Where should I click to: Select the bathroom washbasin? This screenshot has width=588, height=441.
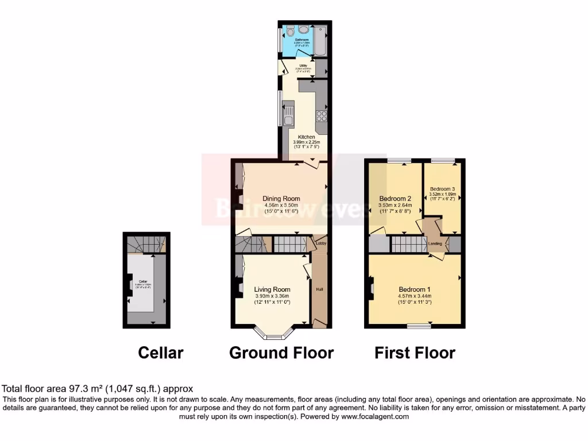pos(303,29)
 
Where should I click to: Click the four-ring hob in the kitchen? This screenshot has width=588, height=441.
pos(321,117)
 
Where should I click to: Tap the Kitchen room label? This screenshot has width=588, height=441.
pos(306,137)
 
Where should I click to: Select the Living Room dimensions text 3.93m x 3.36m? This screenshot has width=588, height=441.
pos(272,296)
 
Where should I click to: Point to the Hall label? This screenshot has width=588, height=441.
pos(319,289)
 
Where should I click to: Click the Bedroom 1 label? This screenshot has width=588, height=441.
pos(414,289)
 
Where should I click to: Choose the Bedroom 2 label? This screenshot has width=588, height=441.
pos(395,199)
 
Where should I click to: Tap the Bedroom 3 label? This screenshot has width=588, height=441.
pos(442,188)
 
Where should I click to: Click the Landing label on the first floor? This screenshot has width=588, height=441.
pos(435,244)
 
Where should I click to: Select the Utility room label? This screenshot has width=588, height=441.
pos(303,65)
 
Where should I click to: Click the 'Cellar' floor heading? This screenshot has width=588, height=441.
pos(161,352)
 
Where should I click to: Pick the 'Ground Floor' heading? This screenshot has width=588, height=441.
pos(281,352)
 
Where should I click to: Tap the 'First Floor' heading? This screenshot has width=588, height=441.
pos(415,352)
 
